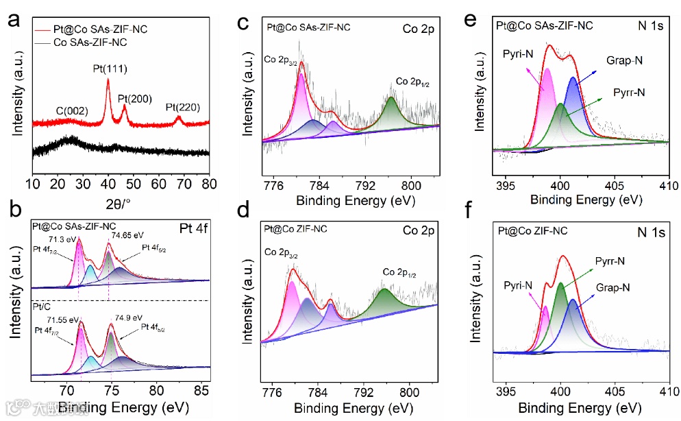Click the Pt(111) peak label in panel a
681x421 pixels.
pos(110,69)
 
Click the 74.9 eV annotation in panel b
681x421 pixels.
pos(125,317)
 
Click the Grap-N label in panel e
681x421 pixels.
pos(624,61)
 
